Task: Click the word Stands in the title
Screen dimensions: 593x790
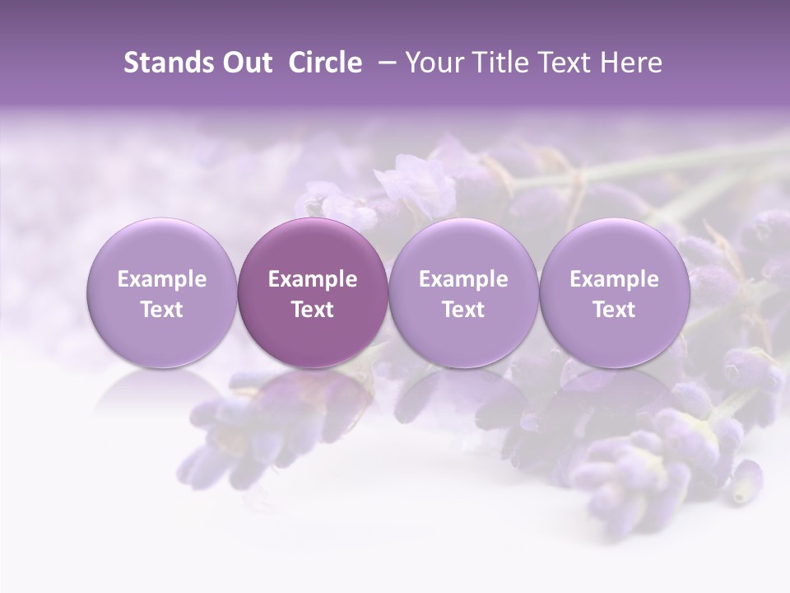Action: (x=167, y=63)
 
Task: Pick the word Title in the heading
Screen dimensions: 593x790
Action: (x=497, y=63)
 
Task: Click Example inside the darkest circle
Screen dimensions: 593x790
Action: (x=313, y=280)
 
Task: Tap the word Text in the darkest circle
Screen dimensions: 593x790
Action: (x=313, y=310)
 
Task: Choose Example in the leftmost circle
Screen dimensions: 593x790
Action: (x=162, y=280)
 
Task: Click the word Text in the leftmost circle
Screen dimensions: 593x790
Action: (x=162, y=310)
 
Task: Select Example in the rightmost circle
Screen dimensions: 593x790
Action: (x=614, y=280)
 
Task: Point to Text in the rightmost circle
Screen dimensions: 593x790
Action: (x=614, y=310)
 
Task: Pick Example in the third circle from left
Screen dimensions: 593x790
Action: (x=463, y=280)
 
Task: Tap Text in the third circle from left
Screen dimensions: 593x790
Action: (x=463, y=310)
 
